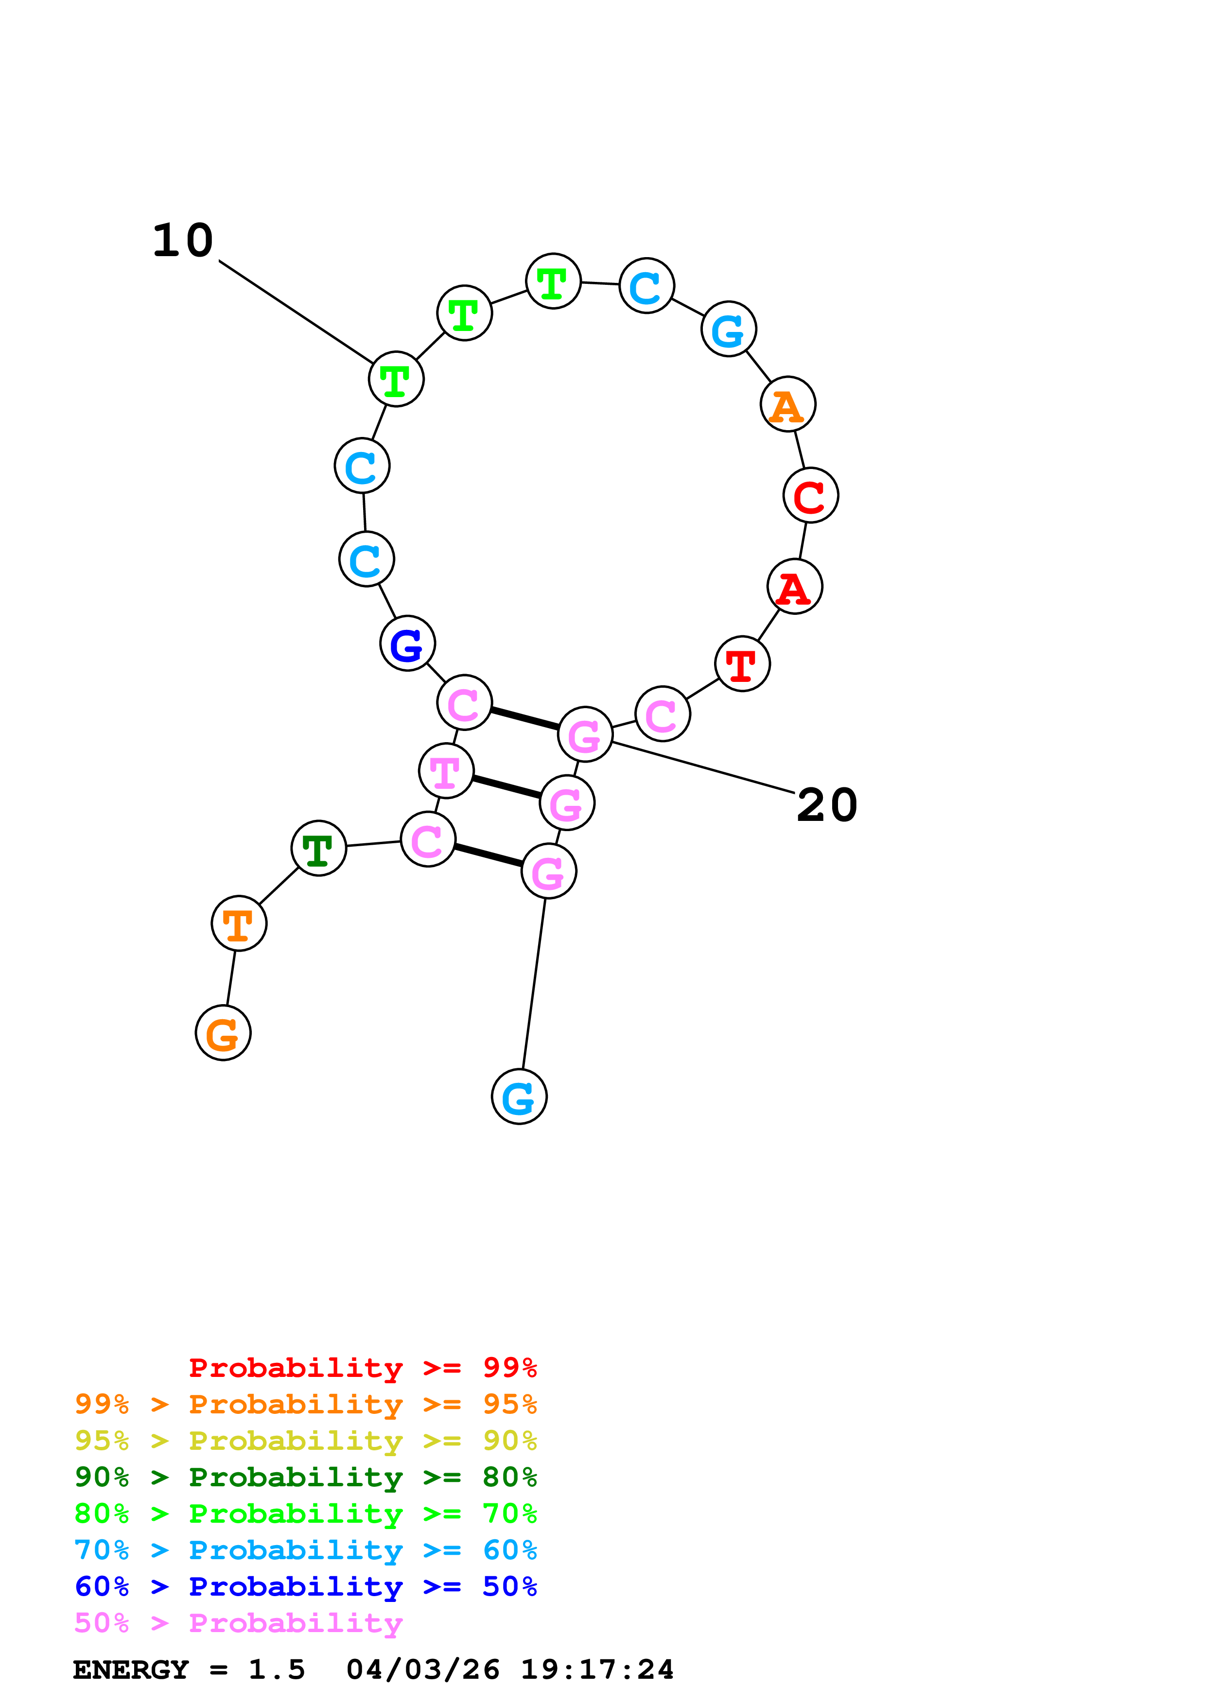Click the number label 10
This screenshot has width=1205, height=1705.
click(183, 242)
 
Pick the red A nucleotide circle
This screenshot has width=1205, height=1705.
click(794, 587)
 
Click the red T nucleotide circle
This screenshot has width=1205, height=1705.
click(742, 664)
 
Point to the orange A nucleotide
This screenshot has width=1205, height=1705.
click(788, 405)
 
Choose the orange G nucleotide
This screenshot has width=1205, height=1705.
click(223, 1033)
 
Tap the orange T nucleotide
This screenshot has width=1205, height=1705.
click(238, 924)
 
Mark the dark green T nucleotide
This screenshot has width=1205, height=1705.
click(318, 849)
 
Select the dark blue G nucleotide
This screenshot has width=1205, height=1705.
click(407, 643)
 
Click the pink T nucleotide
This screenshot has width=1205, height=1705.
click(445, 771)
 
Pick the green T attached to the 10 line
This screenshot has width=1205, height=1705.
click(396, 380)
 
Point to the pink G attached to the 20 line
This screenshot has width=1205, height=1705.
click(585, 734)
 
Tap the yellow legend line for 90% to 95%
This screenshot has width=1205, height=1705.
click(305, 1441)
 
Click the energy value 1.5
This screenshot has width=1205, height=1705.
click(276, 1670)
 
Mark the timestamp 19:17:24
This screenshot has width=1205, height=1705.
click(597, 1670)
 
